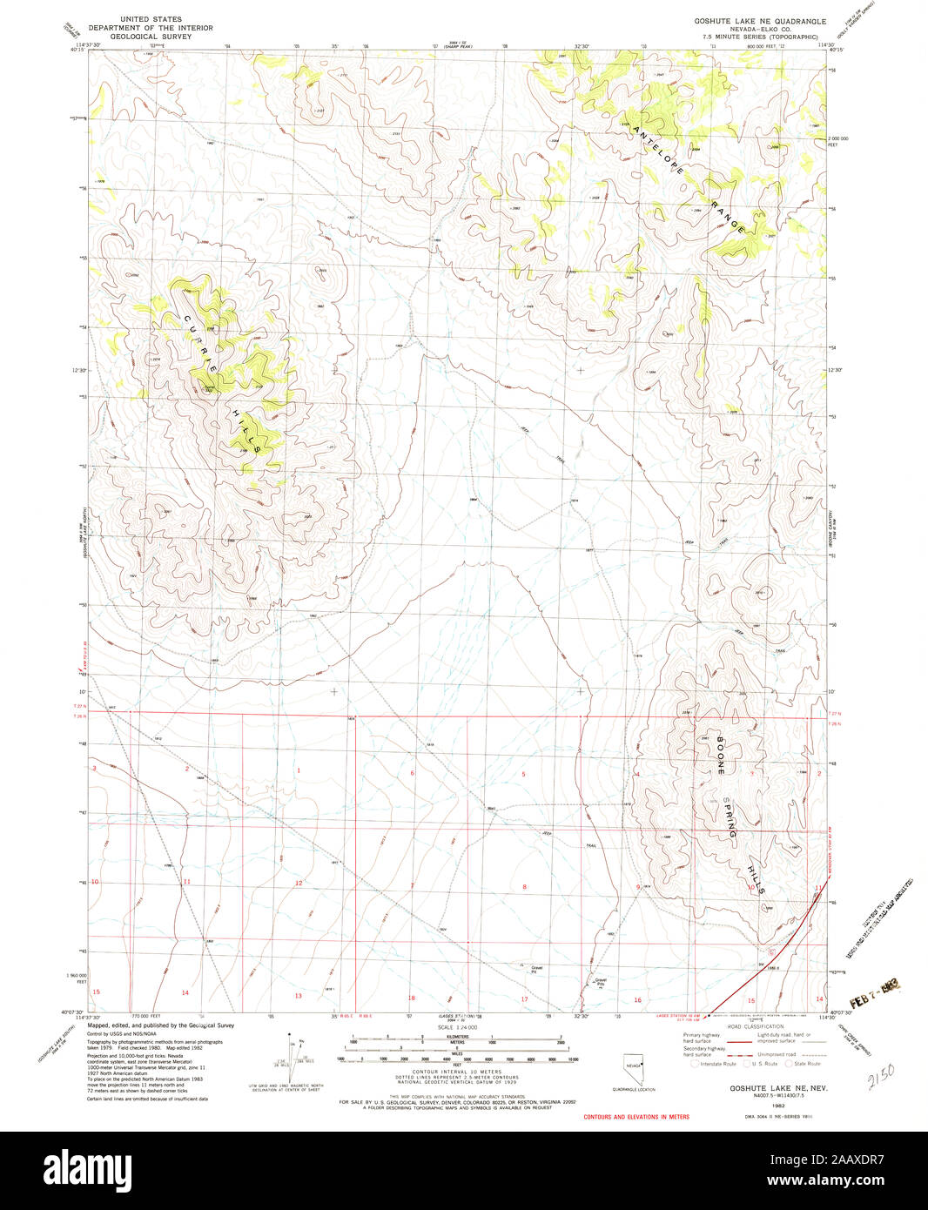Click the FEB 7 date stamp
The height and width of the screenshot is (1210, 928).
click(871, 990)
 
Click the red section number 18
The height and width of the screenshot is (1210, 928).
click(412, 998)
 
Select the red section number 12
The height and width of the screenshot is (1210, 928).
click(298, 883)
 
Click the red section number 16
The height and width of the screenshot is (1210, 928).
click(637, 1000)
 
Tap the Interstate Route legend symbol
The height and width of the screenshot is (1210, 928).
click(694, 1064)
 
